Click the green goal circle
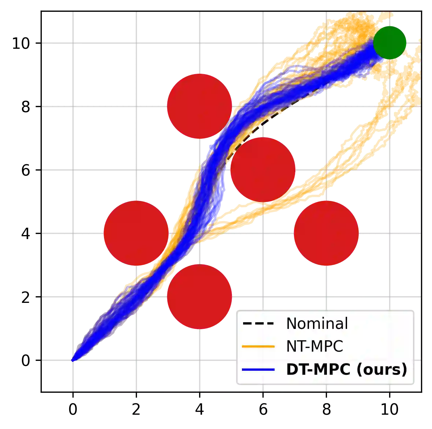click(390, 43)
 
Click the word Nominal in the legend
click(317, 323)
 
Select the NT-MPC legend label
click(314, 346)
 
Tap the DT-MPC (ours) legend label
click(346, 369)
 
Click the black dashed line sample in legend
click(258, 323)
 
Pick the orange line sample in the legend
click(258, 346)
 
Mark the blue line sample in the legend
click(258, 369)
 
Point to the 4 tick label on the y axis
click(25, 233)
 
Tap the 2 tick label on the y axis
click(25, 297)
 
